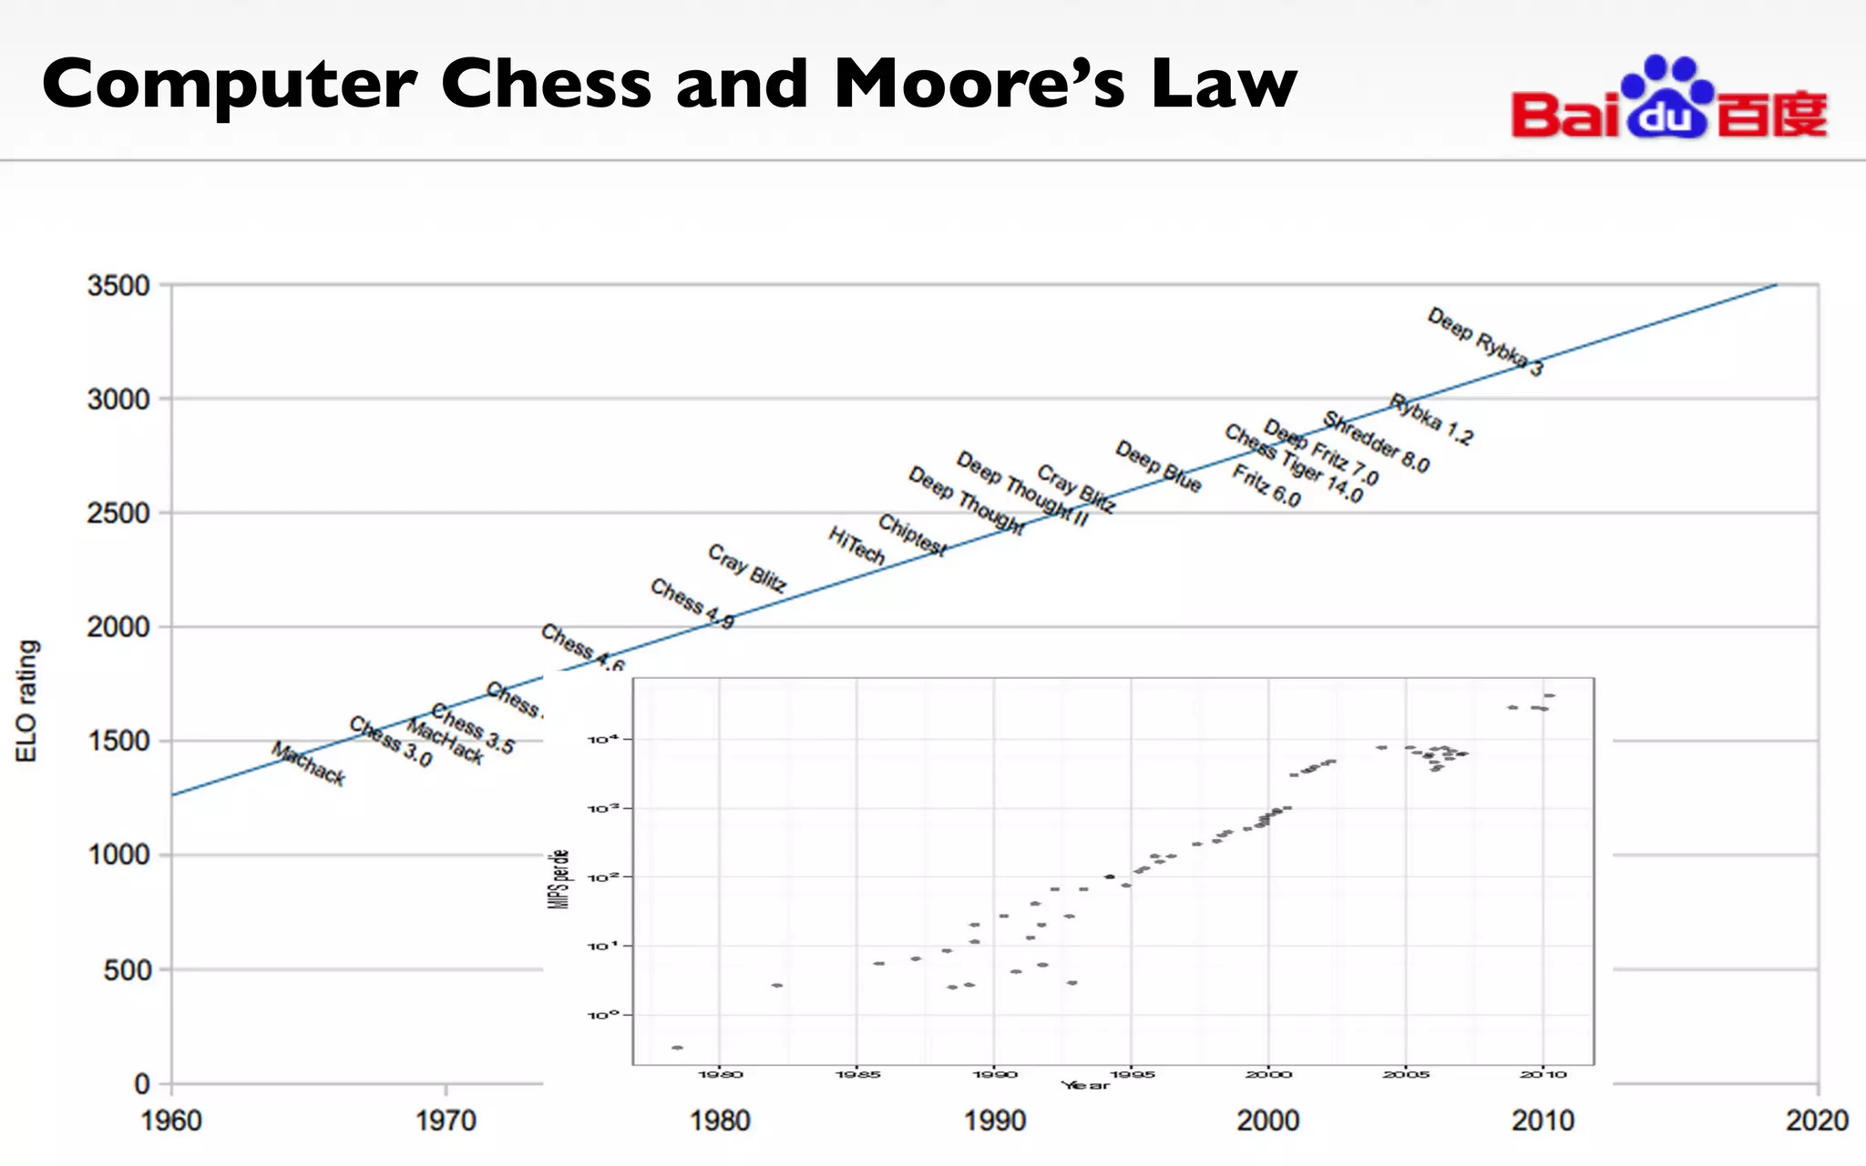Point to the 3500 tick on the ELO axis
point(118,286)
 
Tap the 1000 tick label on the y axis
point(118,855)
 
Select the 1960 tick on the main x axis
point(171,1120)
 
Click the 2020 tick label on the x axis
point(1817,1120)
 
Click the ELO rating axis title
point(27,701)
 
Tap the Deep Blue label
point(1158,466)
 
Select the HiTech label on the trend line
point(856,546)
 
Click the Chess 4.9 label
point(692,604)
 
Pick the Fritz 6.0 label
point(1266,486)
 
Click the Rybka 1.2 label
point(1430,420)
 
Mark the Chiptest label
point(912,535)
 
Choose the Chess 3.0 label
point(390,742)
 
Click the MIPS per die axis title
point(561,878)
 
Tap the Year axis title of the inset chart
point(1085,1085)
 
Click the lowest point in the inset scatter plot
point(677,1048)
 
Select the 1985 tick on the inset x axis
point(857,1075)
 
